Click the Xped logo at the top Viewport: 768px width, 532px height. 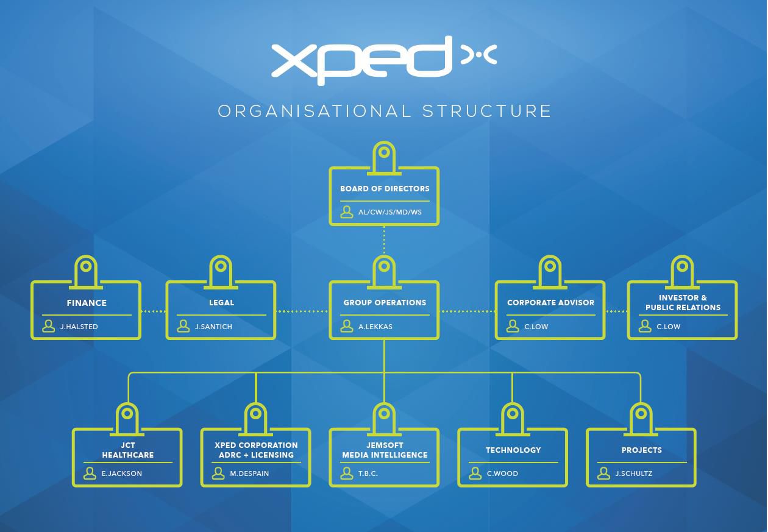pyautogui.click(x=383, y=59)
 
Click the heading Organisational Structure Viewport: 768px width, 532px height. pyautogui.click(x=384, y=112)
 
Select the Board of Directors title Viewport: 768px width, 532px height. pyautogui.click(x=385, y=189)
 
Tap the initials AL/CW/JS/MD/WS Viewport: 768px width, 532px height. pyautogui.click(x=390, y=213)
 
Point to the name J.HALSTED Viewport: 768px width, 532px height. pyautogui.click(x=79, y=327)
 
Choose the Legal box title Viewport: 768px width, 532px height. pyautogui.click(x=221, y=302)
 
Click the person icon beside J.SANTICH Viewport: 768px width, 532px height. pyautogui.click(x=183, y=327)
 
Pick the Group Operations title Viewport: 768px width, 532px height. pyautogui.click(x=385, y=302)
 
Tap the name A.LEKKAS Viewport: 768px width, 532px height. pyautogui.click(x=375, y=327)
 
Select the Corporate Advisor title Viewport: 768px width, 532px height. pyautogui.click(x=550, y=302)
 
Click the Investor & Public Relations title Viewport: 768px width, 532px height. pyautogui.click(x=683, y=303)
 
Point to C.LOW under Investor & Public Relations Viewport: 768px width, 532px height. pyautogui.click(x=668, y=327)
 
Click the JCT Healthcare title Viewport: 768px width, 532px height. pyautogui.click(x=127, y=450)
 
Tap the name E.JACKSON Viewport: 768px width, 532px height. pyautogui.click(x=122, y=473)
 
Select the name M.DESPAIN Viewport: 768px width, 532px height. pyautogui.click(x=249, y=473)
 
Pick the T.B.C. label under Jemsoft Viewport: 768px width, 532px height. pyautogui.click(x=368, y=473)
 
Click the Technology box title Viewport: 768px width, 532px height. pyautogui.click(x=513, y=450)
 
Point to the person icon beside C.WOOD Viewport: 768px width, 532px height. pyautogui.click(x=475, y=473)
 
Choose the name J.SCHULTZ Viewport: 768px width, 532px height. pyautogui.click(x=633, y=473)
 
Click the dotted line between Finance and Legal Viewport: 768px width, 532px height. pyautogui.click(x=154, y=311)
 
